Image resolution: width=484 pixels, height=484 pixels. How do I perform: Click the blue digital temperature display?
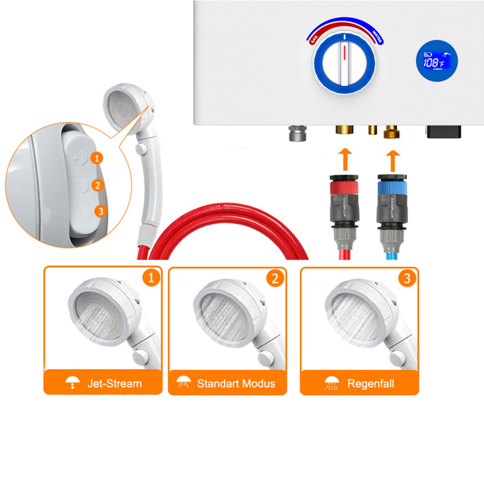point(437,61)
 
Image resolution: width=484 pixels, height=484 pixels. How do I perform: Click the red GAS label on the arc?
point(314,39)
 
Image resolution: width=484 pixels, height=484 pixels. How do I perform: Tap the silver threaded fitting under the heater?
point(297,133)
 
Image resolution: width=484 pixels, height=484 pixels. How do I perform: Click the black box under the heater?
point(444,131)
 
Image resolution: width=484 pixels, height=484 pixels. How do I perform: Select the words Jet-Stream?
point(115,383)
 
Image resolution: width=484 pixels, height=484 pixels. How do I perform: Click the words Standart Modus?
point(236,383)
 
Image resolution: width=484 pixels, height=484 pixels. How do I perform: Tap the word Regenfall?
point(370,383)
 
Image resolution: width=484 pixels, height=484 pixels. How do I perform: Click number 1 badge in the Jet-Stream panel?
point(151,277)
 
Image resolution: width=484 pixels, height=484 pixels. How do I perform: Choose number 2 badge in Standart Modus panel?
point(275,278)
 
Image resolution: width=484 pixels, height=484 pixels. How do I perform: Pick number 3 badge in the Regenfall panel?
point(407,278)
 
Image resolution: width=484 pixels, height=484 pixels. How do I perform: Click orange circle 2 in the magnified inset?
point(97,185)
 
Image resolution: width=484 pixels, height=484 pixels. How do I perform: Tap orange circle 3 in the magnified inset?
point(101,211)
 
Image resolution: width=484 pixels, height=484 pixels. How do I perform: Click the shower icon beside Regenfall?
point(331,383)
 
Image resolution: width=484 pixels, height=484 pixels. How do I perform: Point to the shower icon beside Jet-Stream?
point(73,382)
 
